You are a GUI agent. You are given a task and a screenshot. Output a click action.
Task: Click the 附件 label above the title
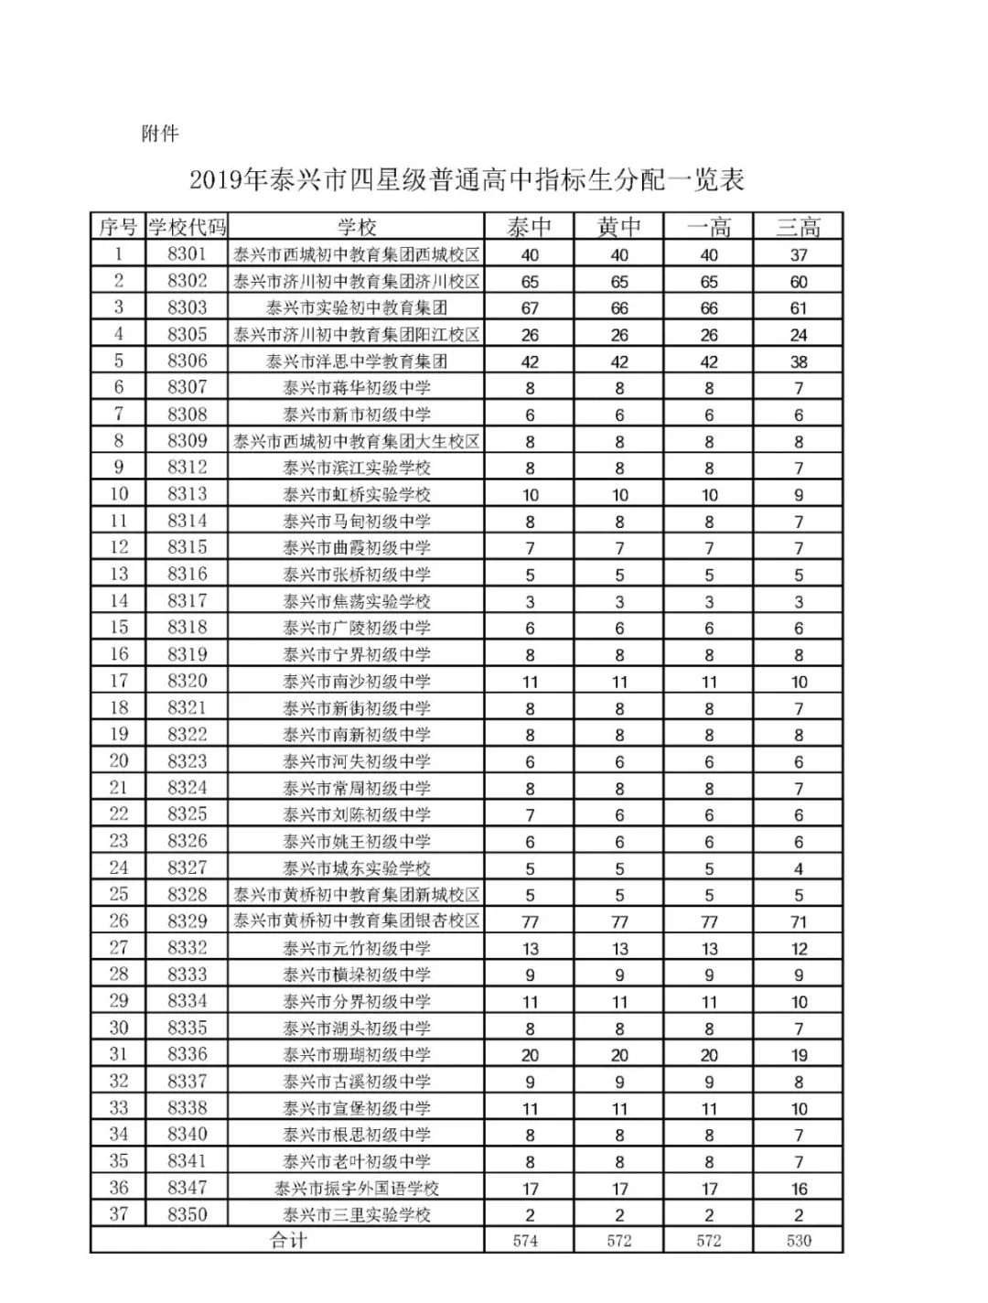click(160, 134)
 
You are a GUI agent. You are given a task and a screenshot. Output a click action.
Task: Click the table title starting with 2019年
click(467, 179)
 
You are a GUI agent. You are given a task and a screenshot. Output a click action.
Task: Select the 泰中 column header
click(530, 227)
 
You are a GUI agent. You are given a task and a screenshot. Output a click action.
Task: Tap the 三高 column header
click(799, 227)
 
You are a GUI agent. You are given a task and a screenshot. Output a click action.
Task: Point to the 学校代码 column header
click(188, 227)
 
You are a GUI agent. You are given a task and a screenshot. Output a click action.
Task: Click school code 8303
click(188, 307)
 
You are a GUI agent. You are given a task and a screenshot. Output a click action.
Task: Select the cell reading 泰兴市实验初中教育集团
click(357, 308)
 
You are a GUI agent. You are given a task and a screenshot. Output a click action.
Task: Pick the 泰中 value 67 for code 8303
click(530, 308)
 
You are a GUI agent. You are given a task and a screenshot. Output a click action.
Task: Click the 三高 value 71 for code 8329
click(799, 922)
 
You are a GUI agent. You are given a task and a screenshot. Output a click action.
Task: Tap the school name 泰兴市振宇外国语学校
click(357, 1189)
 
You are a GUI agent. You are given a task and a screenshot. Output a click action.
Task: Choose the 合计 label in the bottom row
click(288, 1241)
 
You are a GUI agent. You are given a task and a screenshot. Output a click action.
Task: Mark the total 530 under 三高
click(799, 1242)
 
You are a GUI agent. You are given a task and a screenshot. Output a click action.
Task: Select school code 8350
click(188, 1215)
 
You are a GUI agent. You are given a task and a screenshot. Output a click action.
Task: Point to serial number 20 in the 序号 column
click(119, 761)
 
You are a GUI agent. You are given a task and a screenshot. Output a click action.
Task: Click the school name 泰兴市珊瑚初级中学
click(357, 1055)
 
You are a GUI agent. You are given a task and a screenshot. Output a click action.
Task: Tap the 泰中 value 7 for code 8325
click(530, 815)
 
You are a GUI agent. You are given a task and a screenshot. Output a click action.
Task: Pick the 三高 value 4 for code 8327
click(799, 868)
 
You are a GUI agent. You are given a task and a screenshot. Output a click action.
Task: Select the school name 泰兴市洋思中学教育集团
click(357, 361)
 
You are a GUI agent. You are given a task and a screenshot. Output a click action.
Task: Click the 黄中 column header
click(619, 227)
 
